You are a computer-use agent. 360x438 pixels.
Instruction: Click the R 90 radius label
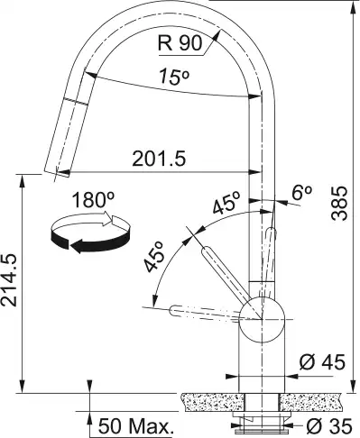[180, 43]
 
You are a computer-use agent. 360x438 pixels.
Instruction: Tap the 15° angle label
[174, 77]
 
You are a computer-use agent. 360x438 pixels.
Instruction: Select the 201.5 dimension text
[159, 159]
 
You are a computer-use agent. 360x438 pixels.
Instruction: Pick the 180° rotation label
[94, 200]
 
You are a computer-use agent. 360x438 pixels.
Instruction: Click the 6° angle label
[301, 193]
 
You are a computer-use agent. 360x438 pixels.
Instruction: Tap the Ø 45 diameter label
[322, 362]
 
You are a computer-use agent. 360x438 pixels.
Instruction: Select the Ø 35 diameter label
[328, 425]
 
